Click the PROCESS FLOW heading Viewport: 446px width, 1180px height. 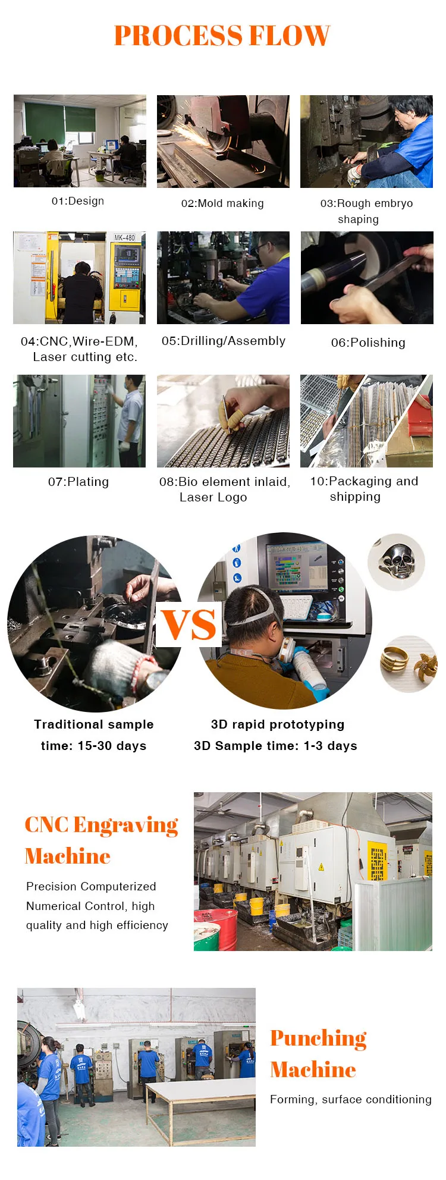point(222,36)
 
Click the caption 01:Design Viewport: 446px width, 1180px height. point(78,201)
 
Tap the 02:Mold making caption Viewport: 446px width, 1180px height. point(222,203)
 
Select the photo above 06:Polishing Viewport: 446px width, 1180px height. point(367,278)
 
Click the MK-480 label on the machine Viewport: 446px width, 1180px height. point(124,237)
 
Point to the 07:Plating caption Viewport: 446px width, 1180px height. point(78,482)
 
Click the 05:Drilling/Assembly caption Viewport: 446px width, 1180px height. point(224,341)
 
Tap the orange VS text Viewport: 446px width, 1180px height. point(189,625)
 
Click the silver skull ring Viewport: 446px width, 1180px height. point(397,561)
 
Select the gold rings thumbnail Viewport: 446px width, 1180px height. point(408,664)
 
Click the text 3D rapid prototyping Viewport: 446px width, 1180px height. point(278,724)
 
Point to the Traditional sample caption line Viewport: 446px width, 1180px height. point(94,724)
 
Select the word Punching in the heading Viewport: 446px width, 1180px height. point(318,1038)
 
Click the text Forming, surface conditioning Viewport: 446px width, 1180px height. point(351,1100)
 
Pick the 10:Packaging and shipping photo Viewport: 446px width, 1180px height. point(366,421)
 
